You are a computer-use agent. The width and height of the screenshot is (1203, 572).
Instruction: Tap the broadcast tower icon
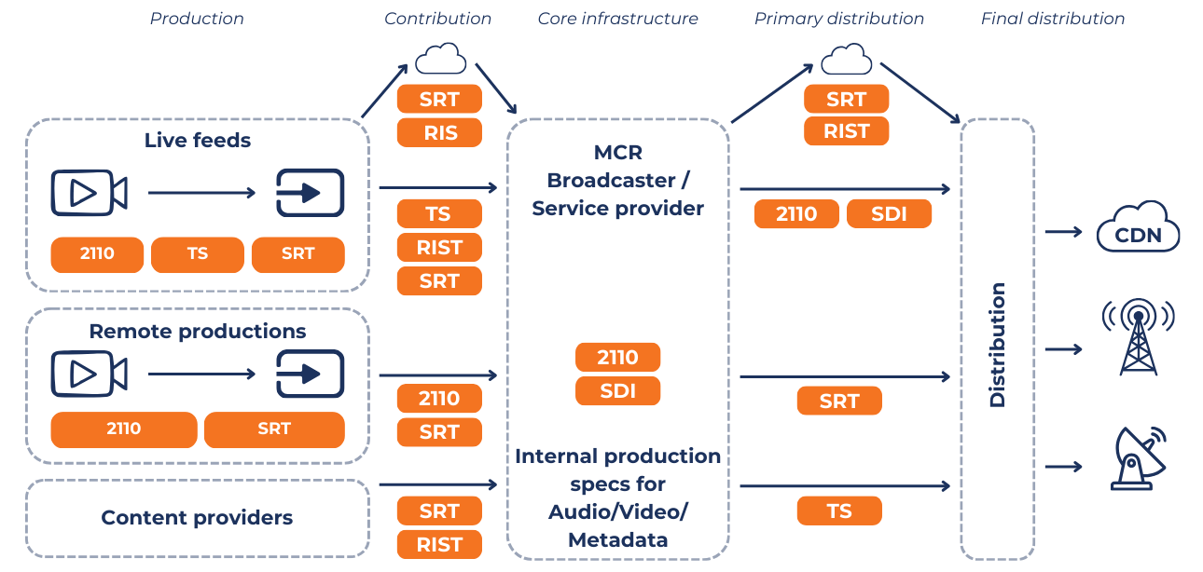[x=1138, y=337]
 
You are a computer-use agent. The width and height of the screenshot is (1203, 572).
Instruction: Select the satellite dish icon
[x=1138, y=458]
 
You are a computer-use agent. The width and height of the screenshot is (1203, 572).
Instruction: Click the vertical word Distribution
[x=998, y=345]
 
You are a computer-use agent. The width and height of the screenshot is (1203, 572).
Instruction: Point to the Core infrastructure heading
[x=617, y=19]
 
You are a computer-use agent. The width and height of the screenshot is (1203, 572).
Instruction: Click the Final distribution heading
[x=1052, y=19]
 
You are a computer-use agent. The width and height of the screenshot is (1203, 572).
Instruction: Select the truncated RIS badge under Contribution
[x=439, y=133]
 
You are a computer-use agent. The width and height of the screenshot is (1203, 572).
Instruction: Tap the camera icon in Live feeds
[x=89, y=193]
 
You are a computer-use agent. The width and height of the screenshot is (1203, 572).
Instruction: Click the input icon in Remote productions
[x=310, y=375]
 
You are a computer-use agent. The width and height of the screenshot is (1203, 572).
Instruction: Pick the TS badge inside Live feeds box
[x=197, y=254]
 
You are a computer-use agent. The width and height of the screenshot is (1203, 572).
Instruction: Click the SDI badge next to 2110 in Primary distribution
[x=888, y=214]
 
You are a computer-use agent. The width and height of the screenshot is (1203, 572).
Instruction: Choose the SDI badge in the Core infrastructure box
[x=617, y=391]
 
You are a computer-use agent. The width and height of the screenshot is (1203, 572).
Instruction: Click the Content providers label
[x=197, y=518]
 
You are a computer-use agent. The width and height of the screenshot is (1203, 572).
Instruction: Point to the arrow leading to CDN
[x=1063, y=231]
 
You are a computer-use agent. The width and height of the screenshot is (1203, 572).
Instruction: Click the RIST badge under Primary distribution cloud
[x=846, y=131]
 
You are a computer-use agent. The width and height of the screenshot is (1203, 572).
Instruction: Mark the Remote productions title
[x=197, y=332]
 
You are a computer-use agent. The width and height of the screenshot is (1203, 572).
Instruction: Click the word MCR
[x=617, y=152]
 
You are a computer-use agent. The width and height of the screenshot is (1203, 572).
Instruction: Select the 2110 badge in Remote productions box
[x=123, y=429]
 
